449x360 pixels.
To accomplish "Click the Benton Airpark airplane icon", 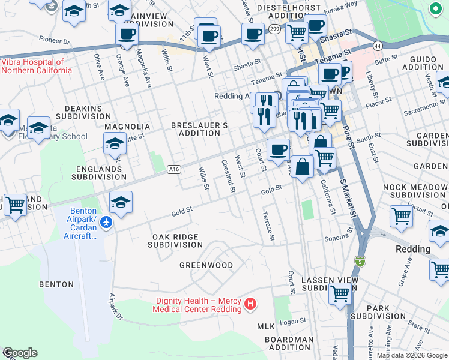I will click(x=106, y=223).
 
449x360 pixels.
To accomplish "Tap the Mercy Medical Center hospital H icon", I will click(x=251, y=305).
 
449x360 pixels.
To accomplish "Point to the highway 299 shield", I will click(x=274, y=29).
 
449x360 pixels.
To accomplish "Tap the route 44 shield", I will click(x=377, y=46).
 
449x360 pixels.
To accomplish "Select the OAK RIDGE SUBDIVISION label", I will click(x=175, y=241).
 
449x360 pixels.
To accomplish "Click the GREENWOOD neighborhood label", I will click(x=206, y=265).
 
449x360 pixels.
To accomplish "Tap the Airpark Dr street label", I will click(x=116, y=306).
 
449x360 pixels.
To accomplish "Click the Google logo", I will click(x=20, y=353).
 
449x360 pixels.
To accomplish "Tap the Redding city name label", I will click(x=413, y=249).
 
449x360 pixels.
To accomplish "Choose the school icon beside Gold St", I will click(x=121, y=203).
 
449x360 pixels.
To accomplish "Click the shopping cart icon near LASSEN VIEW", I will click(x=340, y=294).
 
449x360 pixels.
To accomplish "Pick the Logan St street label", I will click(x=292, y=322).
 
